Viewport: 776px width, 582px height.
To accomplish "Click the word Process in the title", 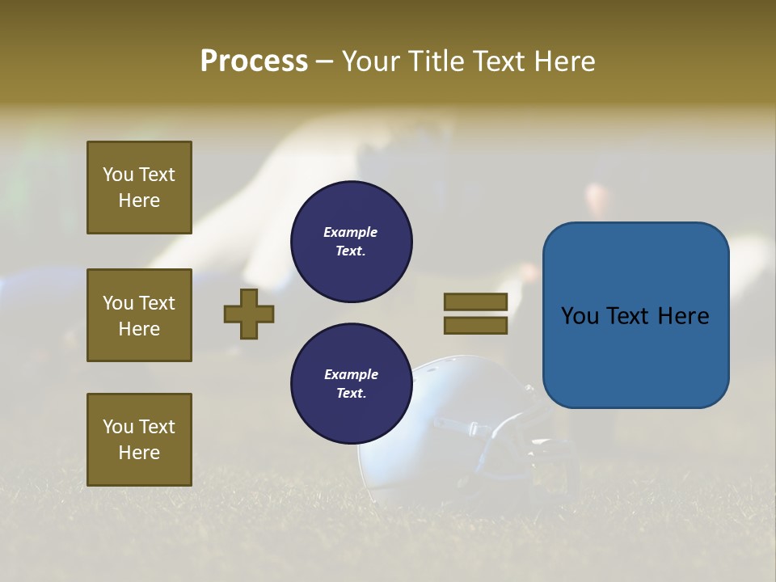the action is pos(254,61).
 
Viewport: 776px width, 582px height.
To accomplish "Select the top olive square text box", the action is pos(139,188).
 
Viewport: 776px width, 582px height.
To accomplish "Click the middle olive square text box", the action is pos(139,315).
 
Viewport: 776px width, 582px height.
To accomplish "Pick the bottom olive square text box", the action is pos(139,440).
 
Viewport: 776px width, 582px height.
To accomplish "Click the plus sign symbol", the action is pos(249,314).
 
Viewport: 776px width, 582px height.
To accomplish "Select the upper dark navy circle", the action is pos(351,242).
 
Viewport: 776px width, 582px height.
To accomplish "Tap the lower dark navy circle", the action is pos(351,384).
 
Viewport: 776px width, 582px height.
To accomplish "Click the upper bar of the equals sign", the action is pos(475,302).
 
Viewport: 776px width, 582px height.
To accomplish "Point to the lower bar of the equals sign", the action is pos(475,325).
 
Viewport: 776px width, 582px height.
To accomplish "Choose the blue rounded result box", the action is pos(635,314).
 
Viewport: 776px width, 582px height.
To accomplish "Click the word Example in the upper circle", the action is pos(351,232).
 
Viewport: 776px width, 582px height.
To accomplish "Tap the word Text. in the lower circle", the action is pos(351,394).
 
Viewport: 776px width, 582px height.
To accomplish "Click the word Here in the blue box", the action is pos(683,316).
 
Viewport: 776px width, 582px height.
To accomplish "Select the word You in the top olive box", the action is pos(117,175).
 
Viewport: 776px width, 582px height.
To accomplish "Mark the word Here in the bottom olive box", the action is pos(139,453).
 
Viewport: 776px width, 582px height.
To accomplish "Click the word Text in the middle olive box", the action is pos(157,303).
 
